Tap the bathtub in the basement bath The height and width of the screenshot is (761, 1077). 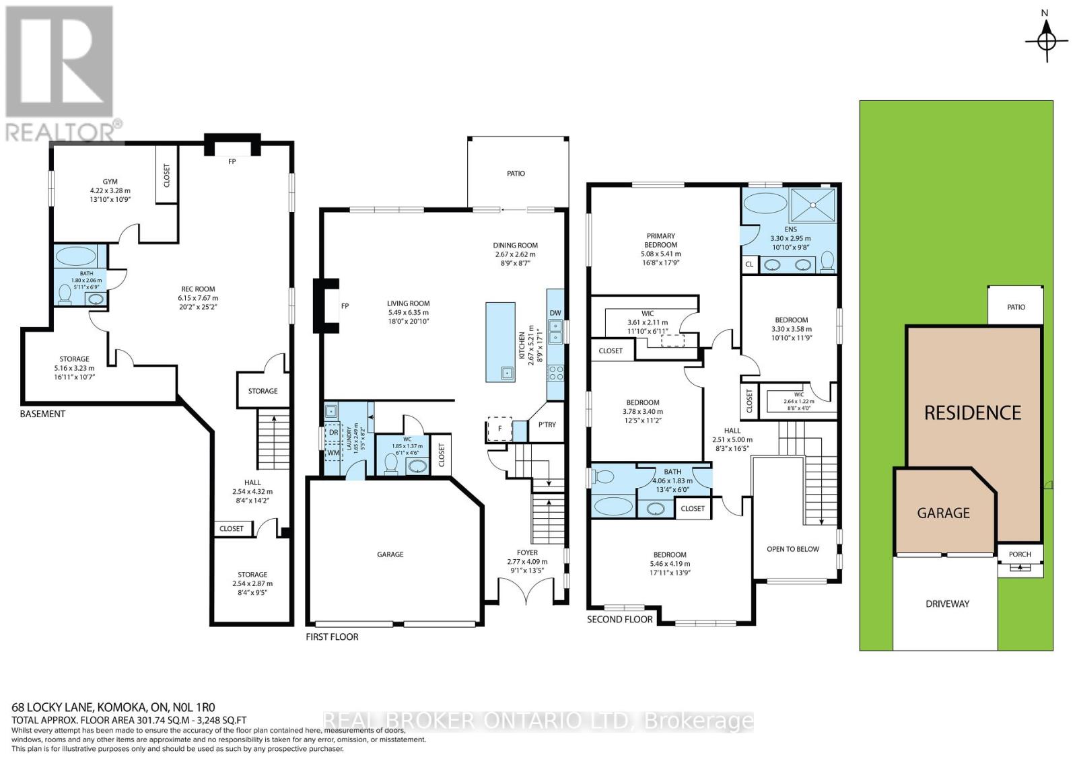pos(77,256)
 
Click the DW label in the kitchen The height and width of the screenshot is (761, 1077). pos(555,313)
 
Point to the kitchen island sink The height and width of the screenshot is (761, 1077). pos(506,372)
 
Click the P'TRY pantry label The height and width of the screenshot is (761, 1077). pos(547,425)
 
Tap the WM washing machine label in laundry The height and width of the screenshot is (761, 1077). pos(333,453)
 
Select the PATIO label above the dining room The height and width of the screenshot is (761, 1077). pos(516,174)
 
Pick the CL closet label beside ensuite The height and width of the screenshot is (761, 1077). pos(749,264)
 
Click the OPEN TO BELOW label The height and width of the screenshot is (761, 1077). pos(793,549)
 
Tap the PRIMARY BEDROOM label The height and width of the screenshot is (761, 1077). pos(661,240)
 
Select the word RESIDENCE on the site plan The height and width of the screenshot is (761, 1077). pos(973,412)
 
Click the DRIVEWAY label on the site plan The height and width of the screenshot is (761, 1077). pos(947,604)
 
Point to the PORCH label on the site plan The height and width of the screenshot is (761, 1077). pos(1020,554)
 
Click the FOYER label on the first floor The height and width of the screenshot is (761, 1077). pos(527,552)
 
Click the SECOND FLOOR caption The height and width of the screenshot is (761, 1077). pos(619,619)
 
